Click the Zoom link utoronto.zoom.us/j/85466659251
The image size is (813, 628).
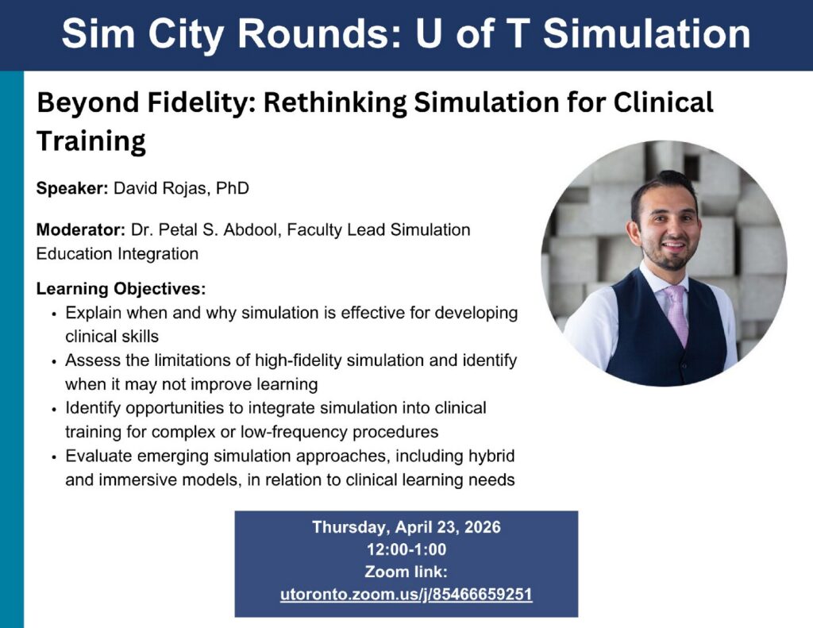(x=406, y=595)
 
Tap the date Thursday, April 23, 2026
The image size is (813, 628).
(x=406, y=527)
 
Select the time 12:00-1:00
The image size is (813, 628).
(x=406, y=549)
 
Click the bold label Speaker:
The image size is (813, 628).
(x=72, y=187)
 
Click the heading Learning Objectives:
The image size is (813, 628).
(x=121, y=288)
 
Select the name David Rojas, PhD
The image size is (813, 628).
(x=182, y=187)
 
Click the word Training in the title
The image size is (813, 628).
(x=91, y=141)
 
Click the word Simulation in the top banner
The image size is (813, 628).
(x=646, y=34)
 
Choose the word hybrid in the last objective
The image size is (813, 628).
(x=491, y=456)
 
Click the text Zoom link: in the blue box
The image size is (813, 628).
(x=406, y=572)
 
